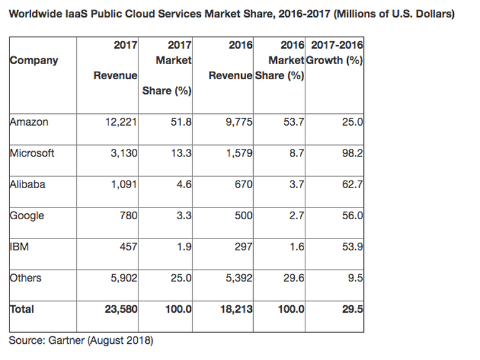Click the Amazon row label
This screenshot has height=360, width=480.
coord(29,122)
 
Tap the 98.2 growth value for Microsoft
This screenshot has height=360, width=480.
coord(353,153)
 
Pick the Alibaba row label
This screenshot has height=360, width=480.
coord(27,184)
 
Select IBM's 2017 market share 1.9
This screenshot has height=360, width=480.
coord(183,247)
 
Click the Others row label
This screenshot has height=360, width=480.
coord(26,278)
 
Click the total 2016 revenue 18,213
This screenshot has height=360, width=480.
coord(236,309)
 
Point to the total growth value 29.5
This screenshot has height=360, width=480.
coord(353,309)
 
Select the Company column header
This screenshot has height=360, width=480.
coord(34,60)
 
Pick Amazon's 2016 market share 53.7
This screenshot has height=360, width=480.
coord(294,122)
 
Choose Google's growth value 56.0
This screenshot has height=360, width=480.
coord(353,216)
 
